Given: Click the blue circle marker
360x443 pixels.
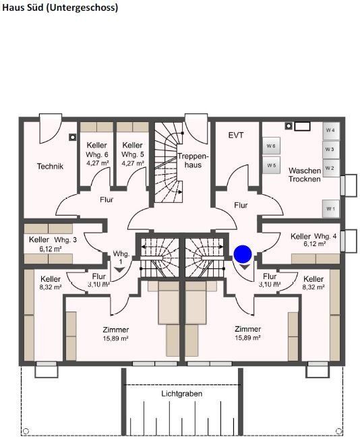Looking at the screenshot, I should click(243, 254).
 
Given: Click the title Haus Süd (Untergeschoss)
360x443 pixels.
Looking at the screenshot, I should click(59, 7).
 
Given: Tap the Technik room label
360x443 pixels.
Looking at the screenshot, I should click(50, 167).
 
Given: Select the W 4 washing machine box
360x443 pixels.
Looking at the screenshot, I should click(330, 129).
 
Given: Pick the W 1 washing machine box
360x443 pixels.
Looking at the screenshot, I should click(330, 209).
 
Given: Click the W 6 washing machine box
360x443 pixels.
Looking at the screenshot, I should click(270, 146).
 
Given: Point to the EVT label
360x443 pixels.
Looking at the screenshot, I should click(236, 135).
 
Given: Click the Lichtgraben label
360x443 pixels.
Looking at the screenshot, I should click(181, 393).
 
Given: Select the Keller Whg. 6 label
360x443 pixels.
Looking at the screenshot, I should click(97, 154).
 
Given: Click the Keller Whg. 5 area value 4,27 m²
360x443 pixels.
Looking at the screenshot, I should click(133, 163).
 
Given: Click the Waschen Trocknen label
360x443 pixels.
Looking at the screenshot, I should click(304, 175).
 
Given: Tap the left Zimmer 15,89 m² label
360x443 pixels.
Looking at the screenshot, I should click(115, 333).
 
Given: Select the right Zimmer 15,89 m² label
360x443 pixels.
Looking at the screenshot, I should click(247, 333).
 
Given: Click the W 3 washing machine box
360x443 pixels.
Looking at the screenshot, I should click(330, 149).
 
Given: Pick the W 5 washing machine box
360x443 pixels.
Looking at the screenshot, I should click(270, 165).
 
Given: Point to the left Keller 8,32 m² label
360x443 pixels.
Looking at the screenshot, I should click(51, 283).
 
